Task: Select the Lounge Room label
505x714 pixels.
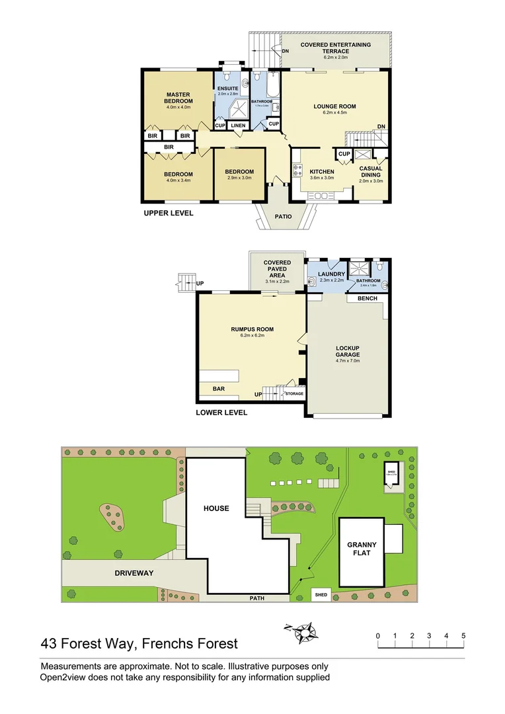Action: point(334,106)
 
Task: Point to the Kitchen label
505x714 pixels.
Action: point(322,172)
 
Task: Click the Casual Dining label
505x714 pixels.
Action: point(370,172)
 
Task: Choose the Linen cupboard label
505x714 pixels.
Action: point(239,126)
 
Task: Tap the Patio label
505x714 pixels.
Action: point(283,216)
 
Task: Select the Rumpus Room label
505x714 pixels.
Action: point(252,329)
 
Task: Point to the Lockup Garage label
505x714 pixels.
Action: point(347,352)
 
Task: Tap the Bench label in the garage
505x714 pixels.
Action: point(367,298)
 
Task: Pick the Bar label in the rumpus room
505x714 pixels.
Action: point(218,389)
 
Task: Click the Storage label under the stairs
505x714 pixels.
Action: point(294,394)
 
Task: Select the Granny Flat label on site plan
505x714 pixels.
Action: point(362,549)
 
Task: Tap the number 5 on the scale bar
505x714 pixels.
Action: point(463,636)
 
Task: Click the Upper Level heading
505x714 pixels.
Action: point(169,214)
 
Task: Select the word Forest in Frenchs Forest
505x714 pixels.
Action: point(210,643)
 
